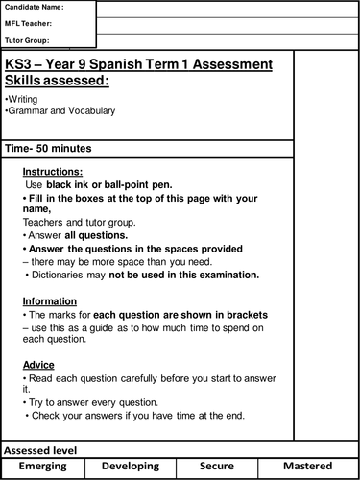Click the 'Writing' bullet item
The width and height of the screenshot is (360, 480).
coord(21,99)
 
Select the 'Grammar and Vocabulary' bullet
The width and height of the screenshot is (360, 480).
coord(60,111)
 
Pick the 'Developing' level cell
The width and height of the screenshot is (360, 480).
coord(130,468)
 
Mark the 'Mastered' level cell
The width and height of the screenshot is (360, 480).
coord(309,468)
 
